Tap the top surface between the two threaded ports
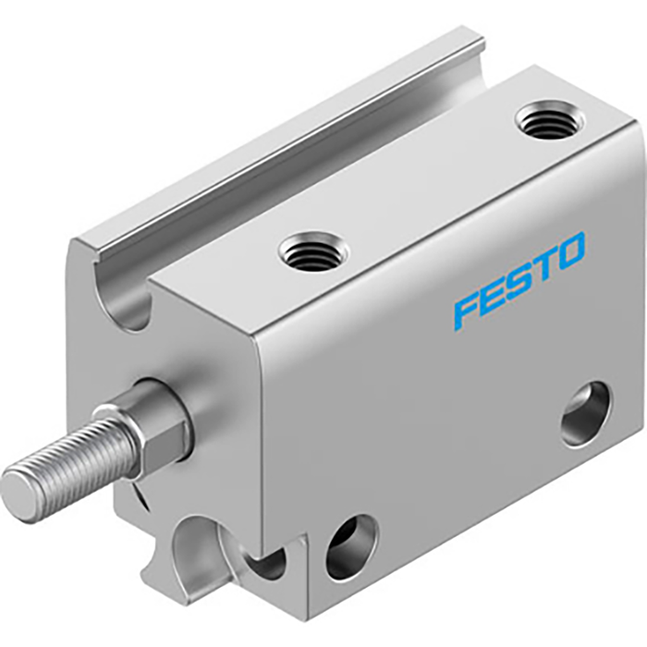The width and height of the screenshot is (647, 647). (425, 185)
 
